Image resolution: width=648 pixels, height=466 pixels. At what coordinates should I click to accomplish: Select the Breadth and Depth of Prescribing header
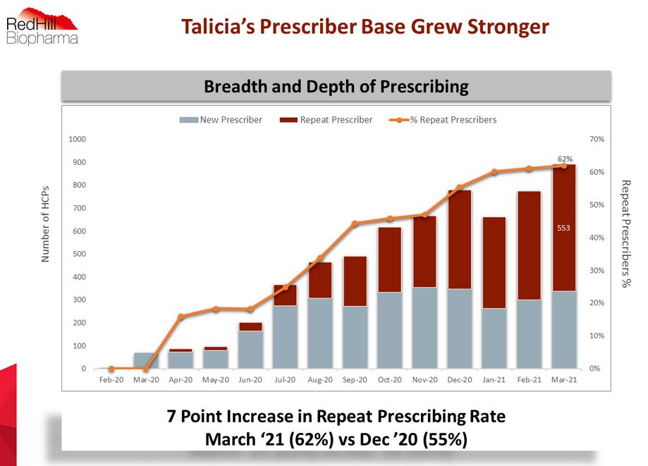(336, 87)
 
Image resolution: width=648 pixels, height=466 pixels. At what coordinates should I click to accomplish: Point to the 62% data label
(565, 159)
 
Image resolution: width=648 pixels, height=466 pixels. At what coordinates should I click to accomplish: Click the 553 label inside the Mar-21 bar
(563, 228)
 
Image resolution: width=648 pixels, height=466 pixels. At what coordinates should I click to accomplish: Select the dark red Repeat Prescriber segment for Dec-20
(459, 240)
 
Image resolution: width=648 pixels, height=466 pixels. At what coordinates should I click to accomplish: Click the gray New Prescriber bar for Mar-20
(146, 360)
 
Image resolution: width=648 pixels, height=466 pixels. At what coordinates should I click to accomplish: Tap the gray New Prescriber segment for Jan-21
(494, 338)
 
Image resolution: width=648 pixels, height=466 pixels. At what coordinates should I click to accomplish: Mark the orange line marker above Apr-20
(181, 317)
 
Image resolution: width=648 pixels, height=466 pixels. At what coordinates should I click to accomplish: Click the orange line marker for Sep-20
(355, 223)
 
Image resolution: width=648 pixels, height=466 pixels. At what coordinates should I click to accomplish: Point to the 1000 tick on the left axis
(78, 140)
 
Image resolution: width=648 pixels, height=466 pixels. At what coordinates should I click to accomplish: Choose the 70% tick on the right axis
(597, 140)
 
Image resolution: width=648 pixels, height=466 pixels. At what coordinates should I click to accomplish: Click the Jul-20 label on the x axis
(285, 380)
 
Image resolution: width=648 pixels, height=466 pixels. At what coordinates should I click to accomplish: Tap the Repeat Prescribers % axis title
(625, 233)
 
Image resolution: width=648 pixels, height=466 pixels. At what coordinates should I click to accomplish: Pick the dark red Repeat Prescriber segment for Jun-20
(250, 326)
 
